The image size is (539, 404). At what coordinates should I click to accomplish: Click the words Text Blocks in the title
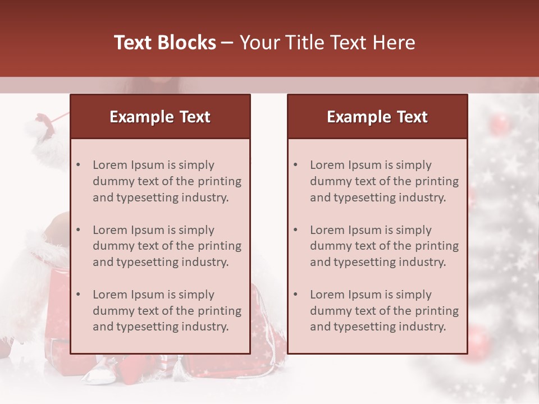165,43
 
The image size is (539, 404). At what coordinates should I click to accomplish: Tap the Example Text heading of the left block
160,117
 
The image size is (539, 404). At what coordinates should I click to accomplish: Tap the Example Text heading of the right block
377,117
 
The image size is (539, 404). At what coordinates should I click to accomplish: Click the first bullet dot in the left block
79,165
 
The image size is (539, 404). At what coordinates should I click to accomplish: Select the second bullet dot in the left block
79,230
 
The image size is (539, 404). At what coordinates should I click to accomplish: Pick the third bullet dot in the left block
79,295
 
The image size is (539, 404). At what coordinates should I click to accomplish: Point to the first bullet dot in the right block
296,165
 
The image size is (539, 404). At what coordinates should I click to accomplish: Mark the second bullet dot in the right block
296,230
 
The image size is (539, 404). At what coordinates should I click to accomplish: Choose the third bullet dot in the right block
296,295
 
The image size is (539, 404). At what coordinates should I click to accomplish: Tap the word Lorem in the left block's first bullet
110,165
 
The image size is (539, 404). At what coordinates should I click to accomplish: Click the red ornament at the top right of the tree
499,124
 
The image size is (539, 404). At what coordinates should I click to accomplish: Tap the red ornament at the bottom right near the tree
477,339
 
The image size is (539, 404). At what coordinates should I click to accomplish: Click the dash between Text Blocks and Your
228,43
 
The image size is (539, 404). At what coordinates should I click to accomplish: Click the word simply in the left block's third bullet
195,295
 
